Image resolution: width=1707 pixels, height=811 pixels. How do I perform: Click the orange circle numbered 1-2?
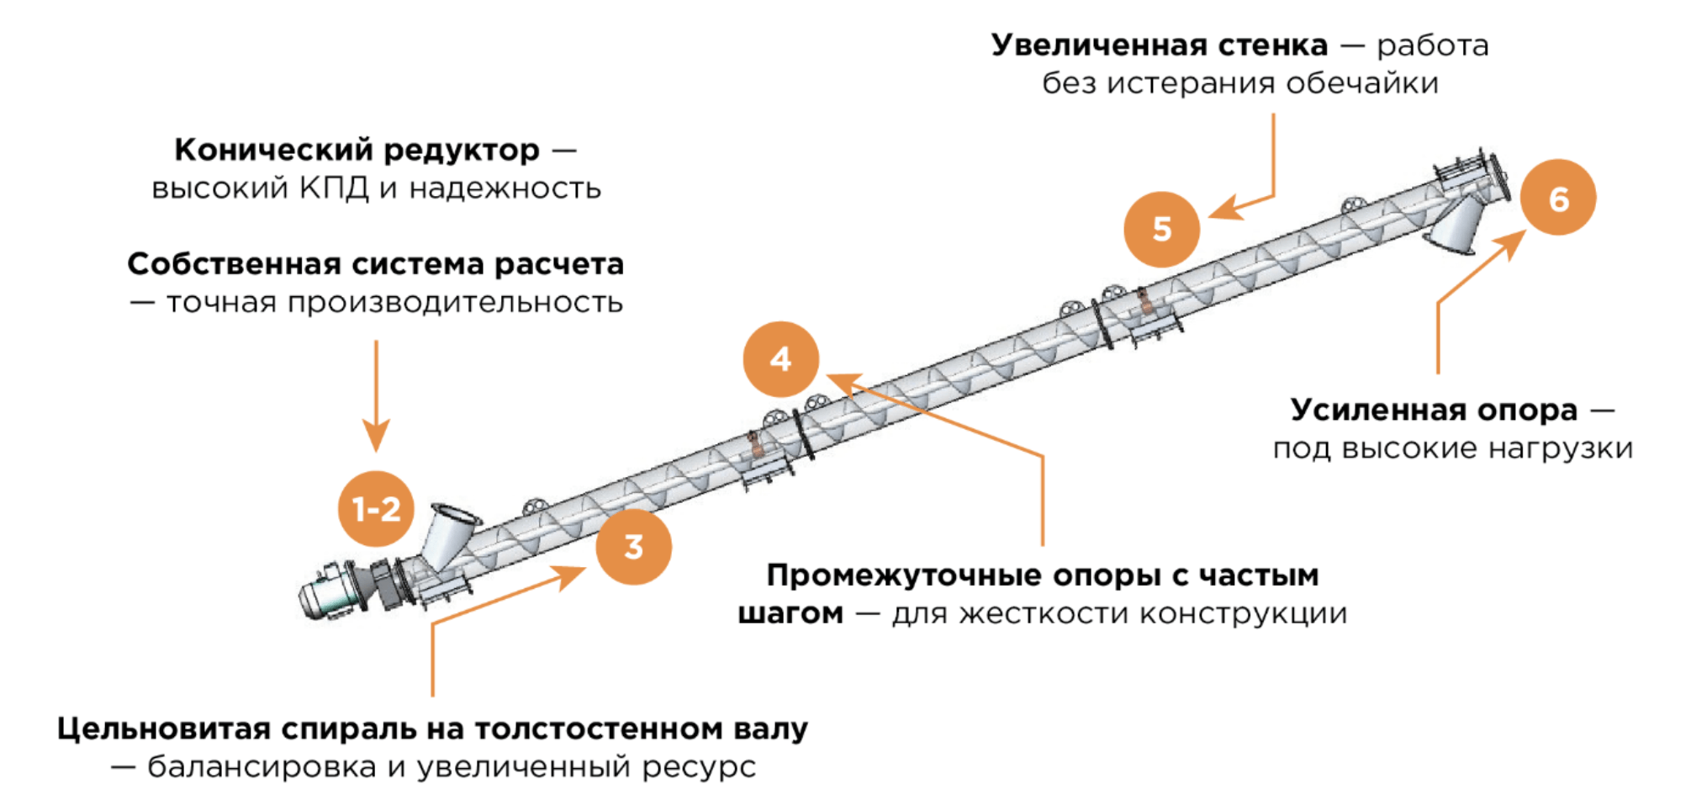point(376,509)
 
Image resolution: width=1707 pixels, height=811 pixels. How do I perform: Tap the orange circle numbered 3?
point(633,547)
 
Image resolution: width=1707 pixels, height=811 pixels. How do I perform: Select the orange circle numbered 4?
point(780,359)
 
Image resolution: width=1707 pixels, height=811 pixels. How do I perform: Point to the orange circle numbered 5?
point(1161,229)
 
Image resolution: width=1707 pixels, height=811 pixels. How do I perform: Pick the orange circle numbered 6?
point(1558,198)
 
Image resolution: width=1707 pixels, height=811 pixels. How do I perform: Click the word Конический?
point(273,150)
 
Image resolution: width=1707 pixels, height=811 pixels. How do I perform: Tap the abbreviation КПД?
point(334,188)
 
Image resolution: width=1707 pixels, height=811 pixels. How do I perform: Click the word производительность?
point(455,303)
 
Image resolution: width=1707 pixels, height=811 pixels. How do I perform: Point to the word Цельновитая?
point(164,729)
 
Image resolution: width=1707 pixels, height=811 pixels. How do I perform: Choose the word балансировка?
point(262,767)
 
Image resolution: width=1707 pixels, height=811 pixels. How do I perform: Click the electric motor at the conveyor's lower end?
point(335,591)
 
